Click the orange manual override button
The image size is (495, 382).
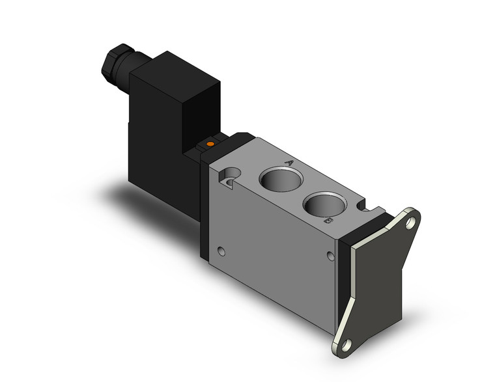210,143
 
